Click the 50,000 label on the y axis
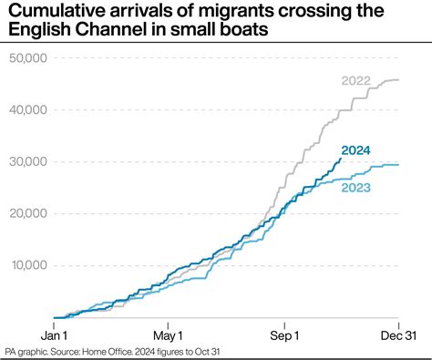(x=28, y=58)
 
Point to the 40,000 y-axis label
(x=28, y=110)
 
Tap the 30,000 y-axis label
(x=28, y=162)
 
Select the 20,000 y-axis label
(x=28, y=214)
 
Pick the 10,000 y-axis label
(x=28, y=266)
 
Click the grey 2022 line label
(x=357, y=82)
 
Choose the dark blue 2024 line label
(x=356, y=150)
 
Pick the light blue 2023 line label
(x=356, y=188)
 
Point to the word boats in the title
(x=246, y=33)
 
